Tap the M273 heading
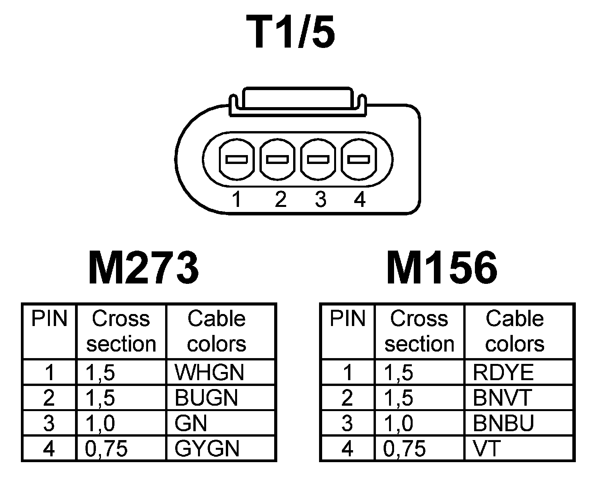point(143,268)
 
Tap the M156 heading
point(442,268)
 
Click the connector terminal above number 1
point(236,159)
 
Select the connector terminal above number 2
point(278,159)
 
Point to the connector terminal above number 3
point(318,159)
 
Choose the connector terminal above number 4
point(358,159)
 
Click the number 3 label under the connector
point(320,200)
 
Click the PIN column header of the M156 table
point(347,319)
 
